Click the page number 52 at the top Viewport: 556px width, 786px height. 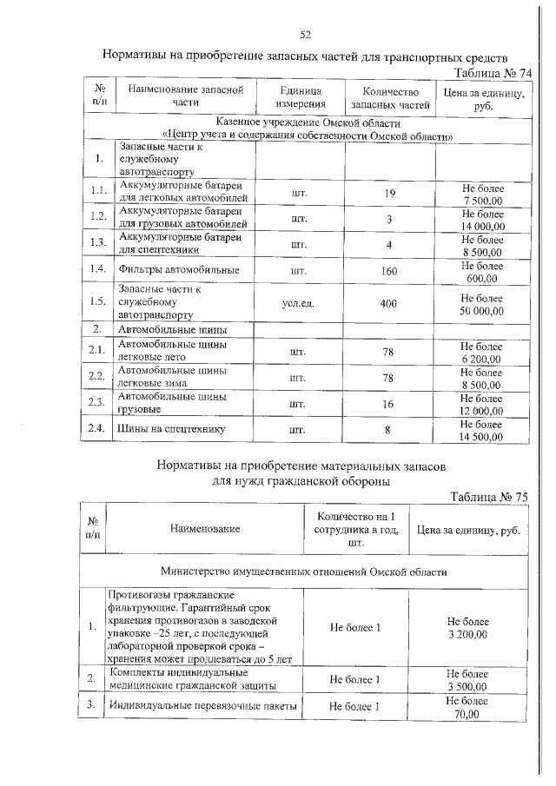[305, 35]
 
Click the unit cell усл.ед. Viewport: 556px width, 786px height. [301, 304]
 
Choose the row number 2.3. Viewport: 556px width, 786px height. [98, 402]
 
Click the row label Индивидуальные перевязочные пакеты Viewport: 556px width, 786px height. [202, 706]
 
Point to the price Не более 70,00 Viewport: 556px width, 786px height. [468, 707]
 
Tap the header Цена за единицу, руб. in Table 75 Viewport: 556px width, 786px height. [468, 529]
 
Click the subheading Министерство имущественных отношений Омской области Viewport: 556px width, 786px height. [304, 573]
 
